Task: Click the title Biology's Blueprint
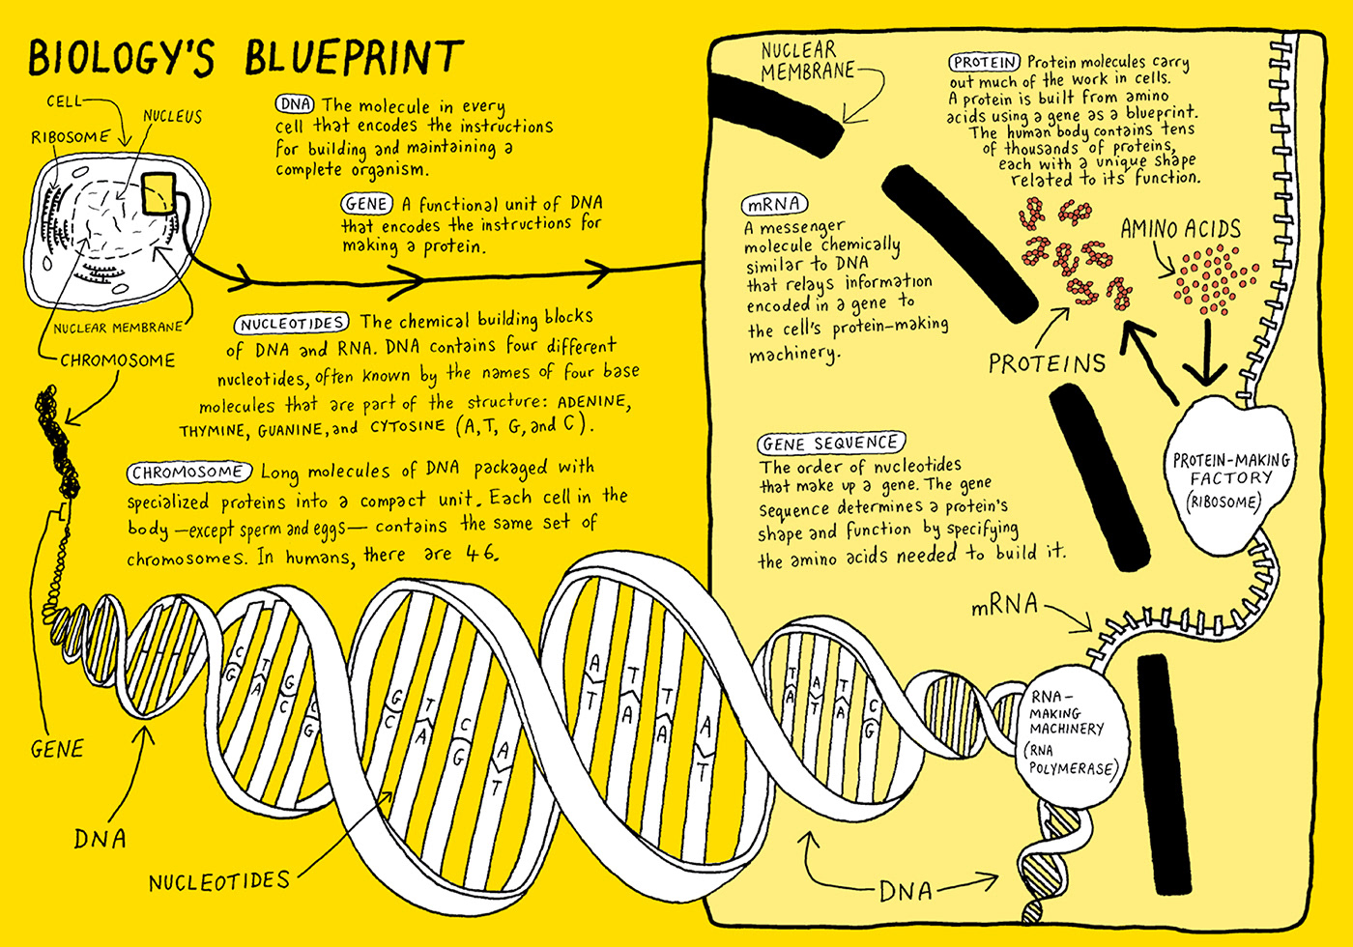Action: coord(245,58)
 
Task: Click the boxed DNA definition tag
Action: coord(294,104)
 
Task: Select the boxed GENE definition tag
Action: coord(367,204)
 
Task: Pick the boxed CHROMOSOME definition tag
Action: coord(188,473)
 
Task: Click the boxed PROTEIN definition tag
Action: coord(985,63)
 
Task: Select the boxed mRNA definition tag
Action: coord(773,205)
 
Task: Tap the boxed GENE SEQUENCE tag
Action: coord(831,444)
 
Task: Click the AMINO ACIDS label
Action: coord(1180,230)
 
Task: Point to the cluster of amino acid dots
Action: coord(1215,279)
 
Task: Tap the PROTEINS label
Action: coord(1047,363)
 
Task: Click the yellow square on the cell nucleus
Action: coord(160,194)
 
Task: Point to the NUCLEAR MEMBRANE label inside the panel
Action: coord(808,61)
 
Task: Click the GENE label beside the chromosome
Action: coord(57,749)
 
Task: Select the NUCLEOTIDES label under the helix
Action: coord(219,881)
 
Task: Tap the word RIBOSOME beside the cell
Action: coord(70,137)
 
